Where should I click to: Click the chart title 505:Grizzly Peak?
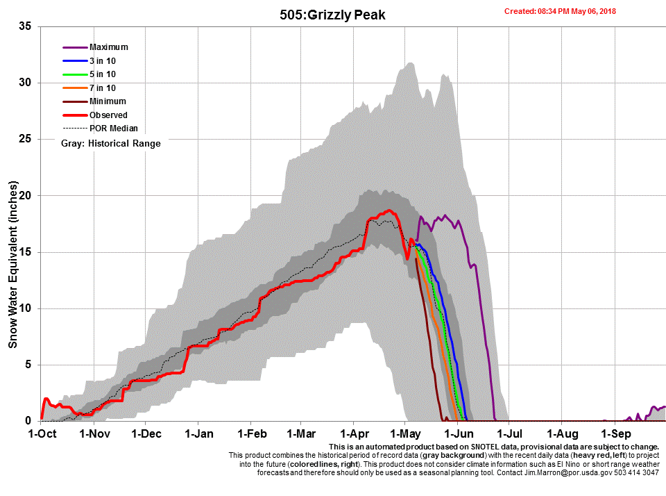click(332, 15)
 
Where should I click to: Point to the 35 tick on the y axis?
click(26, 26)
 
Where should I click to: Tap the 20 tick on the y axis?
click(26, 196)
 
